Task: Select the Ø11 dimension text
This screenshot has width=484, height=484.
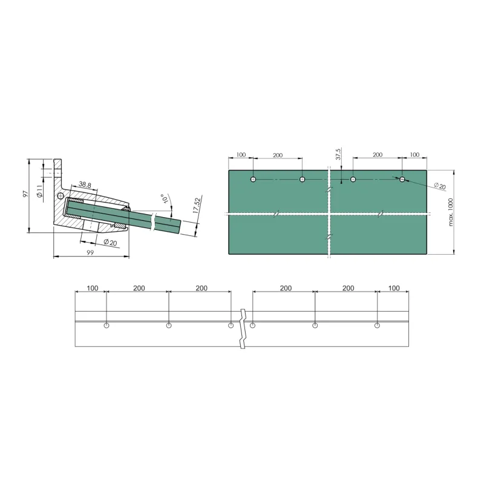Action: pyautogui.click(x=39, y=192)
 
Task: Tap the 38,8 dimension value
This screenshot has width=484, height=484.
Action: pyautogui.click(x=84, y=185)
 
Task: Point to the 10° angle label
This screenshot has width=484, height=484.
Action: pyautogui.click(x=163, y=198)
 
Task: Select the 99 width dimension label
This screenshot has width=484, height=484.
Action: pyautogui.click(x=90, y=252)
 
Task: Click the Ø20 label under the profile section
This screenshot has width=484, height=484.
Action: pyautogui.click(x=110, y=242)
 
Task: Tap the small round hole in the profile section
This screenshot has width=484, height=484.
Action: pyautogui.click(x=60, y=196)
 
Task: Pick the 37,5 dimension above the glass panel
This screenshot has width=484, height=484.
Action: pyautogui.click(x=339, y=154)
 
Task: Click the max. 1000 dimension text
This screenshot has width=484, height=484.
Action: pyautogui.click(x=451, y=212)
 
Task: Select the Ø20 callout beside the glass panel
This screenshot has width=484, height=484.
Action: pyautogui.click(x=440, y=186)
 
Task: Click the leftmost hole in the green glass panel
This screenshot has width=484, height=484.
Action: pyautogui.click(x=253, y=180)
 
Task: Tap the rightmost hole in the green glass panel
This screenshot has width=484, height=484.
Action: pyautogui.click(x=402, y=180)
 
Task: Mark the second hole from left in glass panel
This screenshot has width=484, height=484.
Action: pyautogui.click(x=302, y=180)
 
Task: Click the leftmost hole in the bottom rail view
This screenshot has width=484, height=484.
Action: pyautogui.click(x=106, y=326)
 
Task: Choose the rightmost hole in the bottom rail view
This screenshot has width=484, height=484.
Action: pyautogui.click(x=377, y=326)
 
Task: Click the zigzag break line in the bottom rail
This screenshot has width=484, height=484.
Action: pyautogui.click(x=243, y=328)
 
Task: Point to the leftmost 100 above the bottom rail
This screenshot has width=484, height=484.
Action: pyautogui.click(x=92, y=288)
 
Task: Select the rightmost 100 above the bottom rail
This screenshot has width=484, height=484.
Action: pyautogui.click(x=394, y=288)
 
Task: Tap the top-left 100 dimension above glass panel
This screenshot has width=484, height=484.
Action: pyautogui.click(x=241, y=155)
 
